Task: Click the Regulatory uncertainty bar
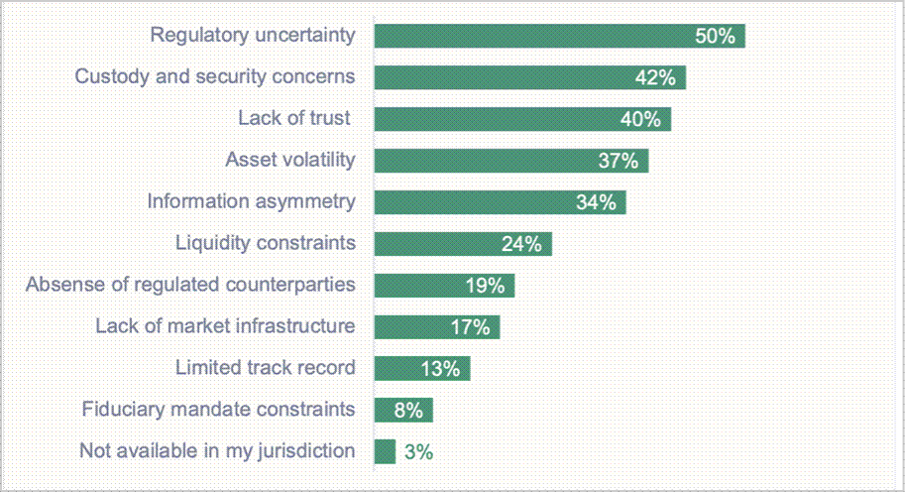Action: [559, 36]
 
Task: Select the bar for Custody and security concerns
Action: [529, 77]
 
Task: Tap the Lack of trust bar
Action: [522, 119]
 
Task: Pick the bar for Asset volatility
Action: [511, 161]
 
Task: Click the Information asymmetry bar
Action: [500, 202]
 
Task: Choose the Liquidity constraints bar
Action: [463, 244]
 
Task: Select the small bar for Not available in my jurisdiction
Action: [385, 451]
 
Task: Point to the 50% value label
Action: [715, 37]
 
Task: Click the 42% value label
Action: [655, 78]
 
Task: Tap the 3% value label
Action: [419, 452]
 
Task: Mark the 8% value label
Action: [407, 410]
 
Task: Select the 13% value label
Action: [440, 369]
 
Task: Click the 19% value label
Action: [485, 286]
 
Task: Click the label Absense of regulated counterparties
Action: [190, 285]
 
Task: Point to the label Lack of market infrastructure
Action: [225, 326]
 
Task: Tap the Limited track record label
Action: [265, 368]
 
